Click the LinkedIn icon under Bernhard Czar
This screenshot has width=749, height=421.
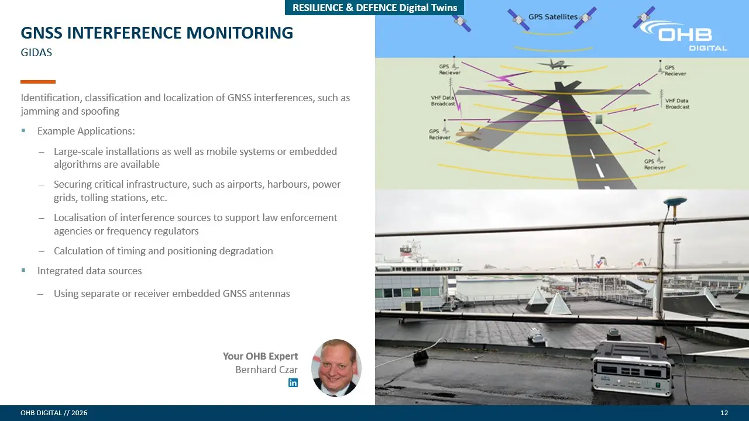[x=293, y=382]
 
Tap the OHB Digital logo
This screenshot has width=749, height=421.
[x=684, y=36]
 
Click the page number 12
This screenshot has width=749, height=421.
[x=724, y=413]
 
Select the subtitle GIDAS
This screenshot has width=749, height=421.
[x=36, y=53]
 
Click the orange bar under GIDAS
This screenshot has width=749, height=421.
[x=38, y=82]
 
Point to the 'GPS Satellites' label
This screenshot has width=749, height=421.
[x=553, y=17]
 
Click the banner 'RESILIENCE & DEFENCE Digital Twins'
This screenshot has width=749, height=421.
[x=374, y=8]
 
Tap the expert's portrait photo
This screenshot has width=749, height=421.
[x=336, y=368]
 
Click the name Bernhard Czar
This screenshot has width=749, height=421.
[x=266, y=370]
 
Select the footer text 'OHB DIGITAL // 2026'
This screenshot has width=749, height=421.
[x=54, y=413]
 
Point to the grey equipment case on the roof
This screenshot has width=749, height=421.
[x=632, y=370]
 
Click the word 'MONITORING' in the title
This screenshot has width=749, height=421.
[x=239, y=33]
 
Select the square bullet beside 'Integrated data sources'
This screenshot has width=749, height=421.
[x=23, y=270]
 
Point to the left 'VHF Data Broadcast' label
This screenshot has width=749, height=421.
[x=443, y=101]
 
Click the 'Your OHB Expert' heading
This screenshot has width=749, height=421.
[x=260, y=356]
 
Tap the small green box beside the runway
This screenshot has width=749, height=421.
[x=599, y=119]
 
